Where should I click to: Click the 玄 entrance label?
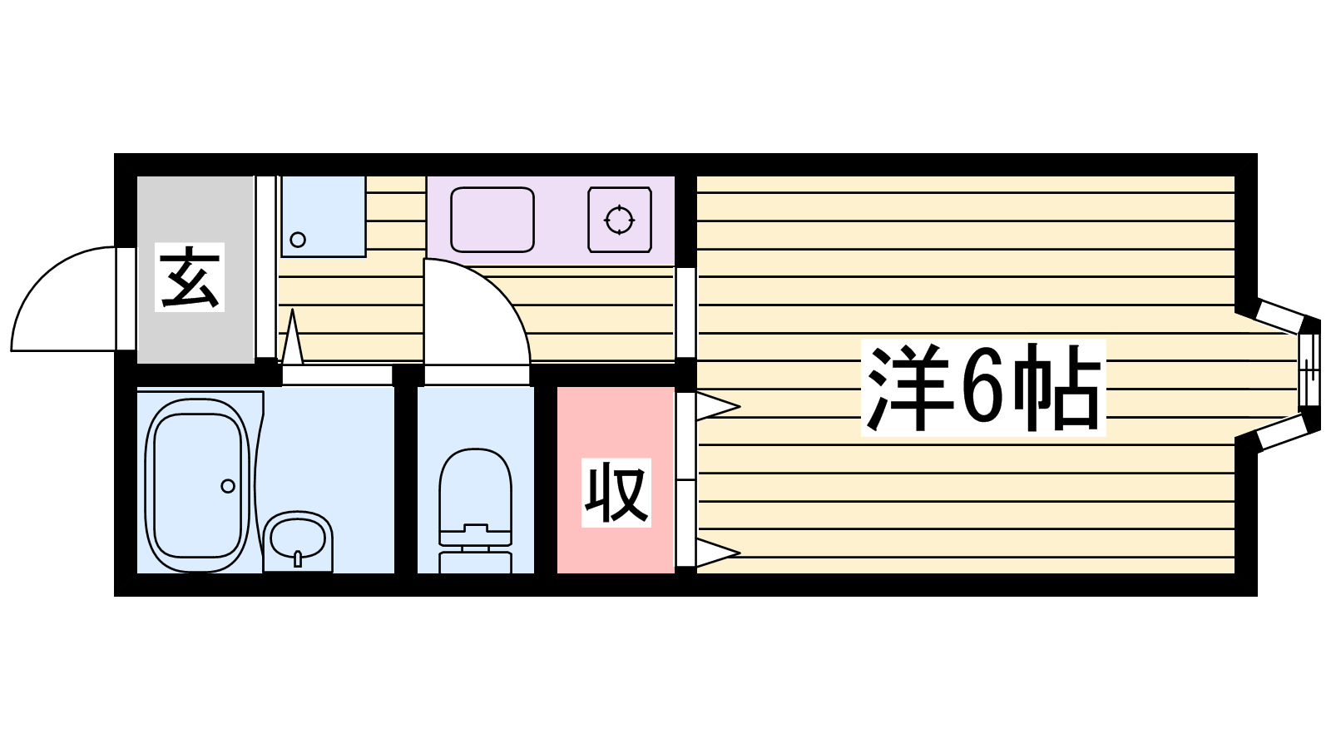pos(190,278)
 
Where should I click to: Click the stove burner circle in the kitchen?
pos(619,221)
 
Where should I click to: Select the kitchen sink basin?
pos(492,220)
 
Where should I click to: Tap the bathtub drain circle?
pos(228,486)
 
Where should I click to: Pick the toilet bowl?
pos(475,487)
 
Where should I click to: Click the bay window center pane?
pos(1309,370)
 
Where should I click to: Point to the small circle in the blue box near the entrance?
pos(298,240)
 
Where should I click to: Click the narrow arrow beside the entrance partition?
pos(292,340)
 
